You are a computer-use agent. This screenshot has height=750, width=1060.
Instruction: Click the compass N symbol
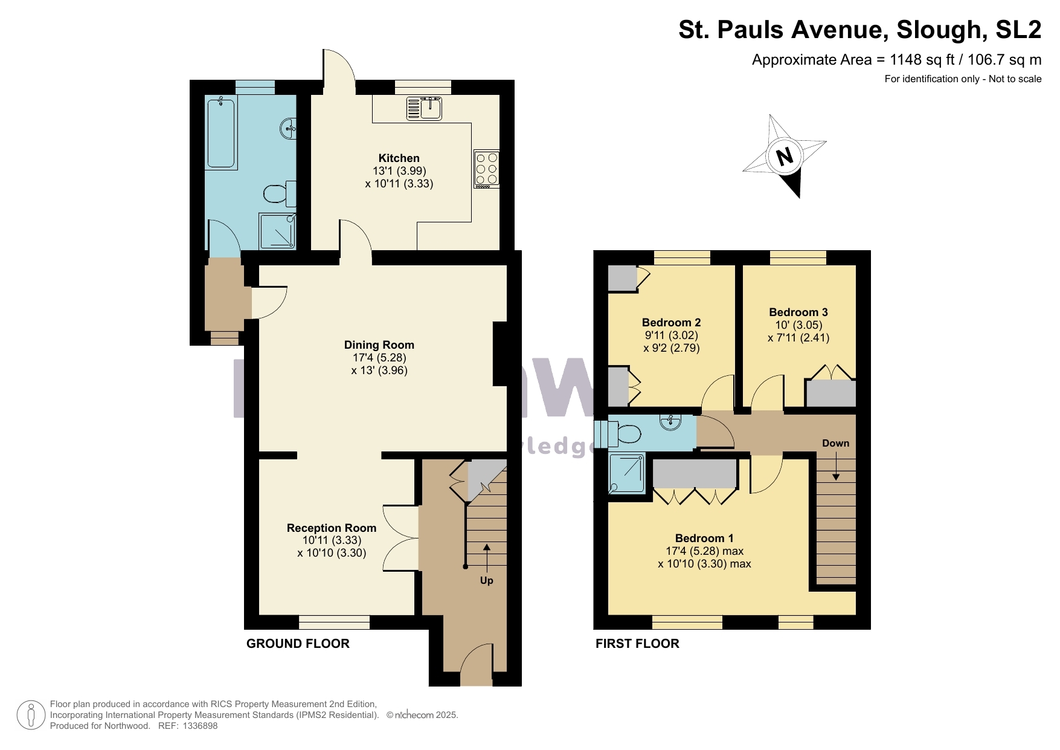point(784,157)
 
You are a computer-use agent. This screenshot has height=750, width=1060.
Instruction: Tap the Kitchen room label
point(399,158)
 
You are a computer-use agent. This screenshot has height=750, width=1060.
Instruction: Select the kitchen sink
point(424,109)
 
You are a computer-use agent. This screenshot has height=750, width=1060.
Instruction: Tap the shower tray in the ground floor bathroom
point(277,231)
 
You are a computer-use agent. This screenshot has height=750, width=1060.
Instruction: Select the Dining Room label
point(379,345)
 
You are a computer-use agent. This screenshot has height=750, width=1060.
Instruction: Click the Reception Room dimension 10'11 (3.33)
point(332,540)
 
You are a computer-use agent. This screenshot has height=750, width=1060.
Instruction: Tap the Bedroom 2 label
point(671,323)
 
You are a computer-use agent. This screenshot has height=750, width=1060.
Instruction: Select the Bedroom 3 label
point(798,312)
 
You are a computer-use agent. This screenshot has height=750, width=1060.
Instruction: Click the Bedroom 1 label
point(704,538)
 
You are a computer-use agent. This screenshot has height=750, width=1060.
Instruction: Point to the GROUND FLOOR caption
point(298,644)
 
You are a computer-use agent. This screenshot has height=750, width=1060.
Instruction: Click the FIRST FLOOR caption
point(637,644)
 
